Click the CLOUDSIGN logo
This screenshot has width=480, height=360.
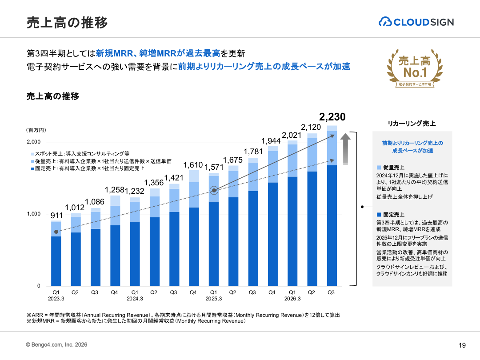point(416,22)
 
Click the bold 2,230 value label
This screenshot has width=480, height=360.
point(332,117)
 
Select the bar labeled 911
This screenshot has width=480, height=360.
point(56,253)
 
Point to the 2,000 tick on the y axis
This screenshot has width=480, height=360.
point(33,142)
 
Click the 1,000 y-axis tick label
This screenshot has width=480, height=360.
point(33,214)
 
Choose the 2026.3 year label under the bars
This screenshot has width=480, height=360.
point(292,299)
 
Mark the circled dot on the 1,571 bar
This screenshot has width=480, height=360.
point(214,191)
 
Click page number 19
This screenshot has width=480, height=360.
point(462,345)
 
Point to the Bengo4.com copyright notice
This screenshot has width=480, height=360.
point(56,344)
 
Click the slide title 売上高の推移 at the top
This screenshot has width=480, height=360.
point(67,22)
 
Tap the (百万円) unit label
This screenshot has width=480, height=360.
point(36,130)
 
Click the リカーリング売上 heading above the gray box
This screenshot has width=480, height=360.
point(412,124)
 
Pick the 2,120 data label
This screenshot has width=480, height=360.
point(312,128)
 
